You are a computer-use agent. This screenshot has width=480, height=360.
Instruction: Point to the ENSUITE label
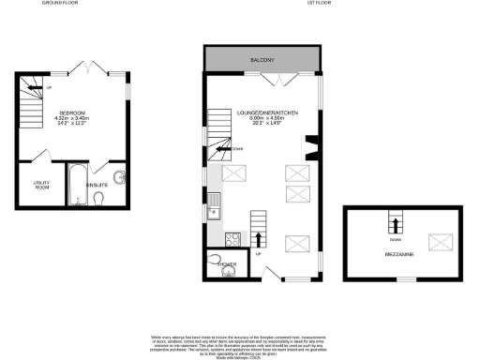click(97, 185)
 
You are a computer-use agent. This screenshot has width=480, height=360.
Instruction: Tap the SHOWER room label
click(226, 265)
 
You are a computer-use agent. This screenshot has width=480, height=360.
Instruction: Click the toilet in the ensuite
click(99, 198)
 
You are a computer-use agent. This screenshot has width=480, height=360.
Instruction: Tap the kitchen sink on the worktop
click(214, 200)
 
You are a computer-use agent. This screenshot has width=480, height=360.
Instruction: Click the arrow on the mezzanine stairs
click(395, 225)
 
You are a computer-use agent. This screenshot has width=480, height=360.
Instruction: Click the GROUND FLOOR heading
click(58, 4)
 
